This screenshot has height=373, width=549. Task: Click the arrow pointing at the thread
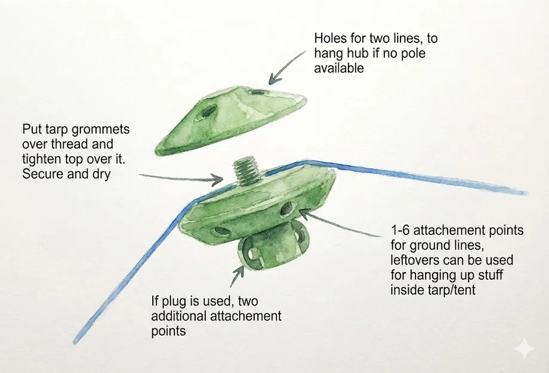click(x=179, y=176)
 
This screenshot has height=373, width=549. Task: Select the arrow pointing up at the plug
click(x=237, y=276)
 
